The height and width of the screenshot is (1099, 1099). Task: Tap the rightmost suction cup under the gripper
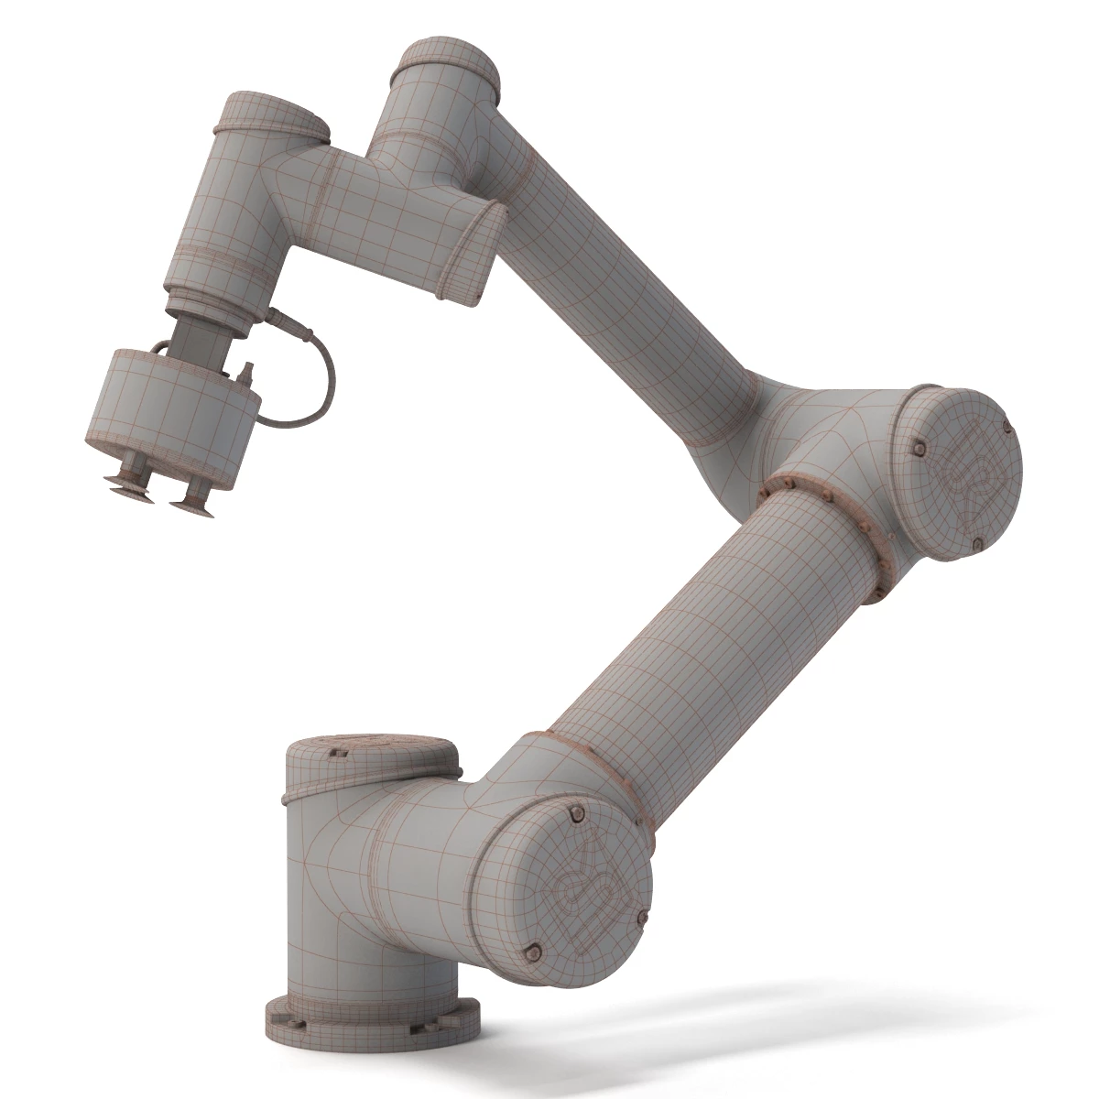(193, 499)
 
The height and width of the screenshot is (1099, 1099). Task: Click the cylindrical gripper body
(169, 412)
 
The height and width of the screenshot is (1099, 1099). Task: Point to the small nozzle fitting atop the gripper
(245, 374)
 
